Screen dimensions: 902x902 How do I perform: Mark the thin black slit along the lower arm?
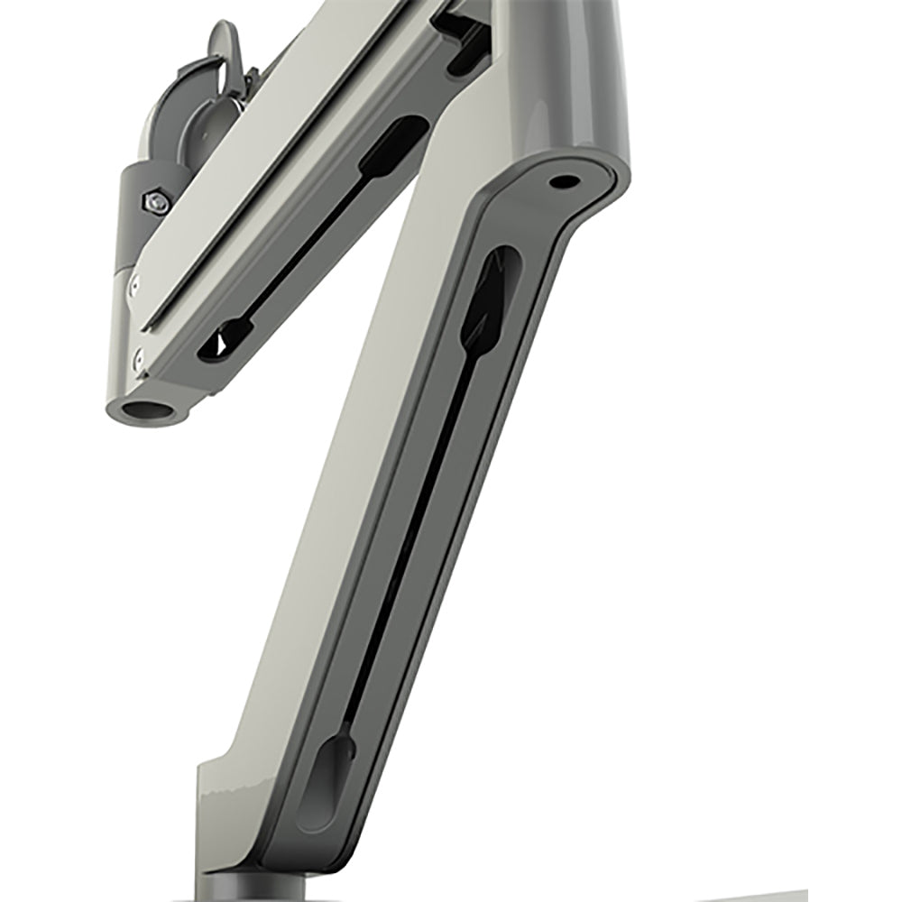(406, 541)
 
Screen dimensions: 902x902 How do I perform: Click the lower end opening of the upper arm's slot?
(223, 340)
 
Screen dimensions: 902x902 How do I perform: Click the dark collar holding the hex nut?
(135, 216)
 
